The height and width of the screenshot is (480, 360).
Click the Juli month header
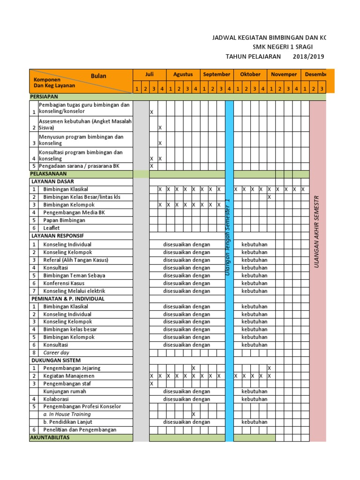pyautogui.click(x=149, y=75)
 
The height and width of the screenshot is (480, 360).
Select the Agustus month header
pyautogui.click(x=183, y=75)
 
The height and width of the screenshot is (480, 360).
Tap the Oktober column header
pyautogui.click(x=250, y=75)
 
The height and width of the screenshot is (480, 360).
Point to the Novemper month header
pyautogui.click(x=284, y=75)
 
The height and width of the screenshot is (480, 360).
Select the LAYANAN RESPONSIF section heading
pyautogui.click(x=57, y=236)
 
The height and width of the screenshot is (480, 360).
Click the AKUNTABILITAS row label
pyautogui.click(x=50, y=437)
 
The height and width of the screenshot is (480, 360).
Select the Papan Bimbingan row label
pyautogui.click(x=64, y=220)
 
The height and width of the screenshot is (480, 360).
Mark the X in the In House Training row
pyautogui.click(x=194, y=415)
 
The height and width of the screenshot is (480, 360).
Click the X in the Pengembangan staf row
pyautogui.click(x=151, y=384)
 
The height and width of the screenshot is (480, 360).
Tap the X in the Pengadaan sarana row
pyautogui.click(x=151, y=166)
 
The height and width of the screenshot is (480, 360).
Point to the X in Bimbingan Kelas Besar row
pyautogui.click(x=270, y=197)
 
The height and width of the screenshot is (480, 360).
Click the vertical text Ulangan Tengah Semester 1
pyautogui.click(x=228, y=237)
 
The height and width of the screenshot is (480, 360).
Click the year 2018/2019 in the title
pyautogui.click(x=308, y=57)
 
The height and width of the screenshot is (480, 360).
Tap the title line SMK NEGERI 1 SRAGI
pyautogui.click(x=282, y=47)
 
